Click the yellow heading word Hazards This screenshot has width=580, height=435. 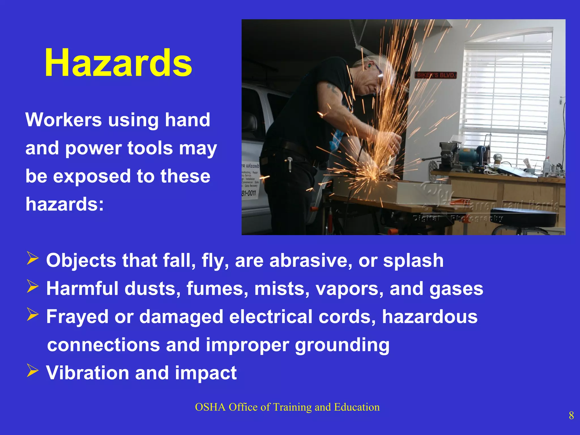click(x=118, y=63)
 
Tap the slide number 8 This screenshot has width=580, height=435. click(x=571, y=416)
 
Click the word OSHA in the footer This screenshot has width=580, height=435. click(x=210, y=407)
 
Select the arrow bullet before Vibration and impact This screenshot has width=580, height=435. click(x=33, y=371)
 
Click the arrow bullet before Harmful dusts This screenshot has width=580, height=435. click(x=33, y=286)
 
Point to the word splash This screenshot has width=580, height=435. click(x=413, y=260)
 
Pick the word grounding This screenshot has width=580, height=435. click(x=342, y=345)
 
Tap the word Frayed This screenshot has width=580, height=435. click(x=77, y=317)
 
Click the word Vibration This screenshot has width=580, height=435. click(x=88, y=373)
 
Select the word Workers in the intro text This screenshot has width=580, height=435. click(x=63, y=120)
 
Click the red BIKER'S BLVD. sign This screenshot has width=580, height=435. click(x=436, y=75)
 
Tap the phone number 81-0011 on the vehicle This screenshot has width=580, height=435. click(x=249, y=193)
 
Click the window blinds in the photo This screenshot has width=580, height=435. click(x=507, y=93)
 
